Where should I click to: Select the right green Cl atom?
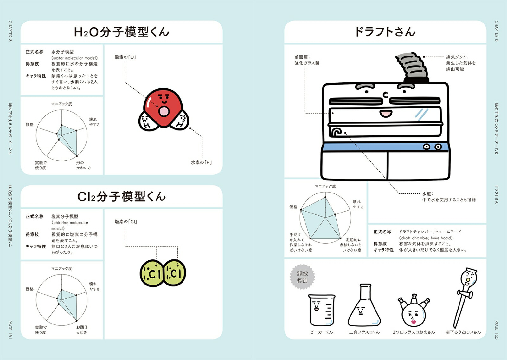click(175, 273)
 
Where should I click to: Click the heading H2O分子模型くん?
click(121, 32)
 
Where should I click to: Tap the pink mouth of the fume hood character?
click(386, 113)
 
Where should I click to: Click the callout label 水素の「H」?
click(201, 162)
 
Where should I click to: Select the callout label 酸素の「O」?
click(125, 57)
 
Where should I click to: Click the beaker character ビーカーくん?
click(321, 310)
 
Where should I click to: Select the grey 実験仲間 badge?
click(302, 277)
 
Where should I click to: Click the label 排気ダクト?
click(457, 57)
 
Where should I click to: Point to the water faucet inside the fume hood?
click(336, 132)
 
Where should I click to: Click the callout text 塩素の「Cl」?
click(126, 222)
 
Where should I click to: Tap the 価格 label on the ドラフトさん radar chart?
click(293, 207)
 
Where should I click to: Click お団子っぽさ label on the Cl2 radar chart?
click(82, 330)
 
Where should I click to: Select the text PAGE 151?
click(10, 330)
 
